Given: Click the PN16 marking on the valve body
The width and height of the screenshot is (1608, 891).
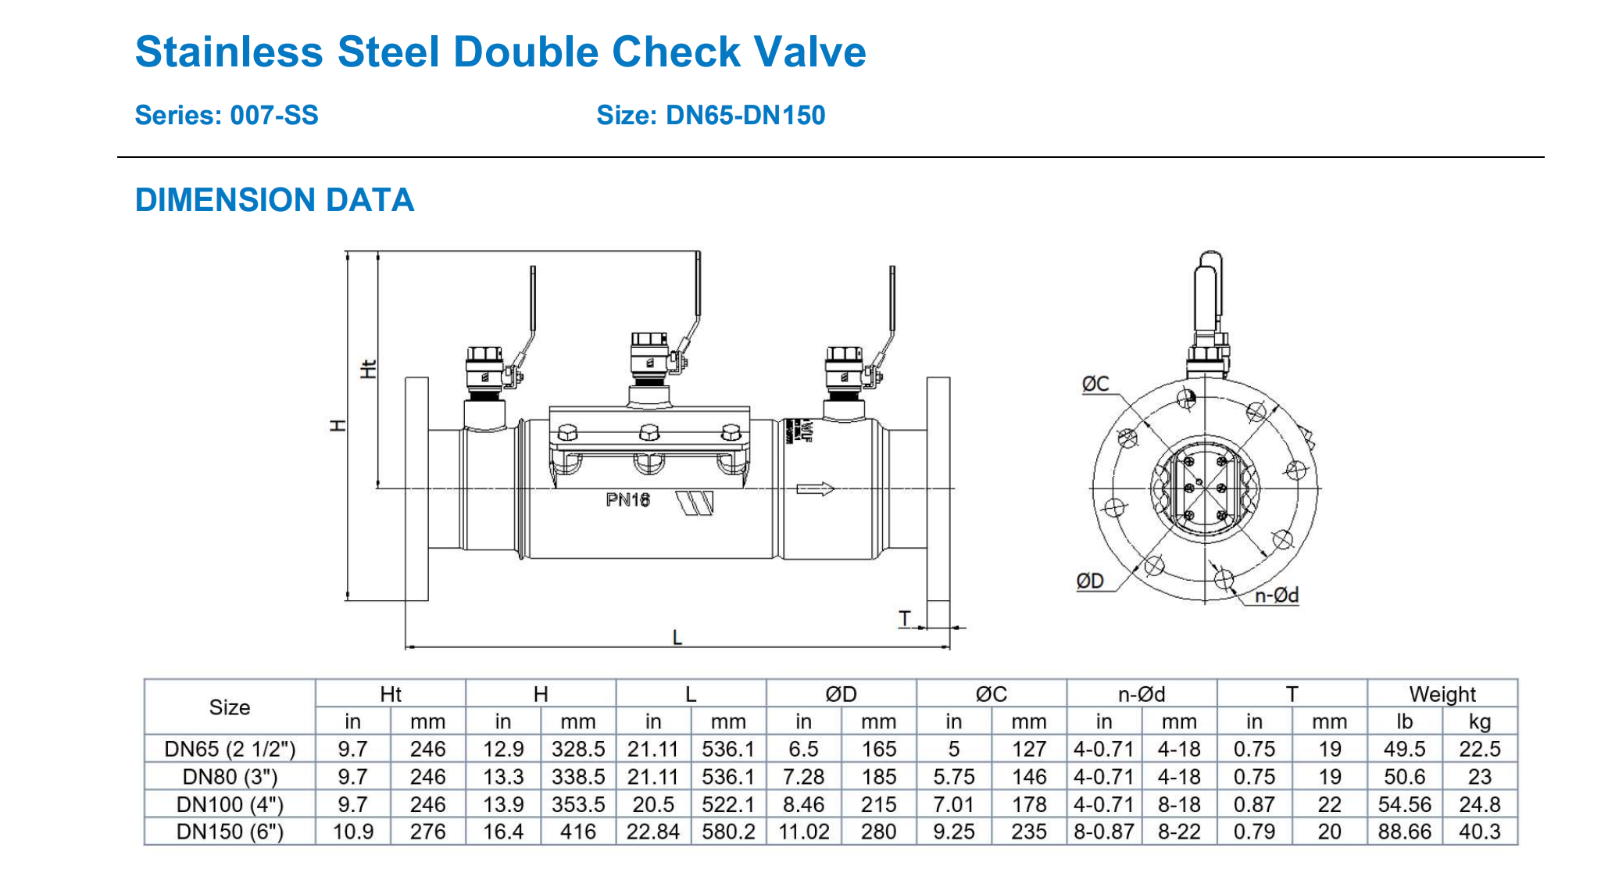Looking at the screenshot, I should point(627,500).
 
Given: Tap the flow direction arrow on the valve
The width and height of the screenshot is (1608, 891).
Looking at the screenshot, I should point(815,489).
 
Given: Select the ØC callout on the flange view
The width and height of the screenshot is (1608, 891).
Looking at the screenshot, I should point(1095,384).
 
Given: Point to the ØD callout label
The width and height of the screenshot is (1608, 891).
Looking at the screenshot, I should point(1090,581).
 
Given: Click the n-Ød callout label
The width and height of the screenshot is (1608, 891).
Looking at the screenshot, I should point(1276,596).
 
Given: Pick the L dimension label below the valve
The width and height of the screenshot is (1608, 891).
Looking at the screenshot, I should point(677,638).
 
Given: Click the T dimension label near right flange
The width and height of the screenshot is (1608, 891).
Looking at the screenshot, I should point(905,618).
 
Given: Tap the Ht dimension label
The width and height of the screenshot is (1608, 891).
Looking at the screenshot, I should point(368,369).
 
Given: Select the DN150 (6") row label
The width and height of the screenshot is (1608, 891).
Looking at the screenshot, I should point(230,832).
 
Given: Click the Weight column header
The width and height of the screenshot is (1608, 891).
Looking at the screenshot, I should point(1442,694).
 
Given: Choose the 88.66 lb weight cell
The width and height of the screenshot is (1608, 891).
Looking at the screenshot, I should point(1404,832).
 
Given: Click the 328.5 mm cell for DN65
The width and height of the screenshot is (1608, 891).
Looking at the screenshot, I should point(578,749).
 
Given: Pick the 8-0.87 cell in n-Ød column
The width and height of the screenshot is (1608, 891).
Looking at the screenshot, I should point(1103,832).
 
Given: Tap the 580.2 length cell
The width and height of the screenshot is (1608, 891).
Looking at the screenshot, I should point(728,832).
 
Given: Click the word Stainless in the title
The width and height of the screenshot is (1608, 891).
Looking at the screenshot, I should point(229,52).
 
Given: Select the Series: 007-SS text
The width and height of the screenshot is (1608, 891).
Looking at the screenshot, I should point(227,116).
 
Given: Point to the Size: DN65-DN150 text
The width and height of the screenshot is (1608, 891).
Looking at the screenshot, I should point(710,116).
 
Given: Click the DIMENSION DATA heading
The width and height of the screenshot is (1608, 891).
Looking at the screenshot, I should point(274,200).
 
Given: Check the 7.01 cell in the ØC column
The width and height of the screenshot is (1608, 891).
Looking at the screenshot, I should point(953,804).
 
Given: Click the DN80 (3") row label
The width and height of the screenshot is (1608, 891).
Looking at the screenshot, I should point(230,777).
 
